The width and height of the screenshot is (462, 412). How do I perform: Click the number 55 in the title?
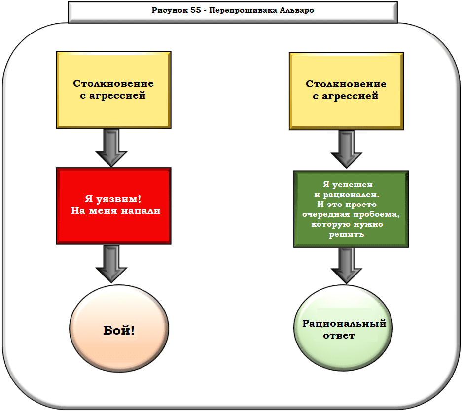click(193, 11)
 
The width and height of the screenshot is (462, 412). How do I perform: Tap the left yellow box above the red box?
click(113, 90)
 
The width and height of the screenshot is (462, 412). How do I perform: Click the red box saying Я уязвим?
click(113, 206)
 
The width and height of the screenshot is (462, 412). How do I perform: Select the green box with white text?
click(351, 209)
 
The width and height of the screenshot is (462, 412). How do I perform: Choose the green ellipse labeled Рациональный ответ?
click(344, 329)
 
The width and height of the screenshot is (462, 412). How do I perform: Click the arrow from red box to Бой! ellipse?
click(111, 264)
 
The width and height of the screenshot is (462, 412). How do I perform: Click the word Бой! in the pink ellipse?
click(119, 330)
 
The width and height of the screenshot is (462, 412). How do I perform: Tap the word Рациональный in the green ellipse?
click(344, 324)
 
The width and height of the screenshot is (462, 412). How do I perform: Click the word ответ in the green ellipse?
click(339, 336)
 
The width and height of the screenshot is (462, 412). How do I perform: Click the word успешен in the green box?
click(356, 185)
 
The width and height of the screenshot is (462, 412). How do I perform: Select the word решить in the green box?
click(347, 234)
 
